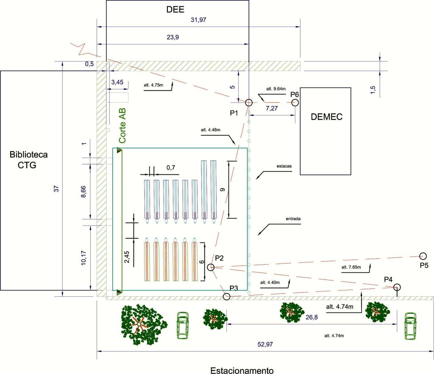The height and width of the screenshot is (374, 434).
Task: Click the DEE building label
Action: (x=175, y=9)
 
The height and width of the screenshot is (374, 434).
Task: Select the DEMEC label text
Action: (x=327, y=117)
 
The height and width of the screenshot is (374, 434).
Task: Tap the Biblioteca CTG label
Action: (x=28, y=160)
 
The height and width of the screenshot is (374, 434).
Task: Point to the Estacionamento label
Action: (x=242, y=370)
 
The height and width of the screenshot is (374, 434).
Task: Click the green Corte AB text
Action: (x=122, y=126)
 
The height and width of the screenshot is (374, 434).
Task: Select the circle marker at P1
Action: (x=249, y=103)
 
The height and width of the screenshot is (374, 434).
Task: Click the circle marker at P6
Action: (x=295, y=103)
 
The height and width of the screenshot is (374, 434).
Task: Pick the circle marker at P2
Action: (x=211, y=267)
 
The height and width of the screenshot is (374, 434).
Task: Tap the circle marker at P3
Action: (x=227, y=297)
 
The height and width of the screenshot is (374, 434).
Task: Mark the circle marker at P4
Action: (x=397, y=287)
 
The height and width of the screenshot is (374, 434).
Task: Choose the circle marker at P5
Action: (x=423, y=256)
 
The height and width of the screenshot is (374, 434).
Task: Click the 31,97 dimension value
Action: (x=198, y=20)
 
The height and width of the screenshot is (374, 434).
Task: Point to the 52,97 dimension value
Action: (x=265, y=344)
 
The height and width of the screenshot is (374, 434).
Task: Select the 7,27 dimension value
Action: (x=272, y=108)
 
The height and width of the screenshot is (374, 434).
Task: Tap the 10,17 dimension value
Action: (x=83, y=258)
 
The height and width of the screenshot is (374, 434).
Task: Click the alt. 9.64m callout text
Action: (x=276, y=89)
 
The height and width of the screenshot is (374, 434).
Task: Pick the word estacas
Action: (x=284, y=166)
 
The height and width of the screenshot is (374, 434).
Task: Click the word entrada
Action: (x=293, y=219)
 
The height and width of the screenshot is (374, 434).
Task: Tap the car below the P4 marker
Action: (x=410, y=326)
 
